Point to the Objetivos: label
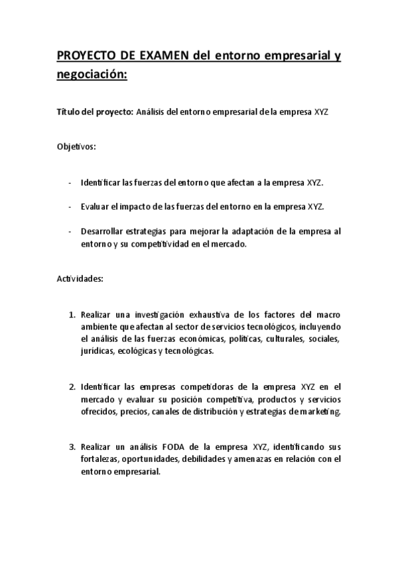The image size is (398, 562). click(76, 146)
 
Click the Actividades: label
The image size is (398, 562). click(80, 278)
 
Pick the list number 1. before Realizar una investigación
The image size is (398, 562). click(72, 314)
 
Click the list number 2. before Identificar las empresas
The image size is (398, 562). click(72, 387)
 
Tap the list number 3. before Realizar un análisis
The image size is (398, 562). click(72, 447)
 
